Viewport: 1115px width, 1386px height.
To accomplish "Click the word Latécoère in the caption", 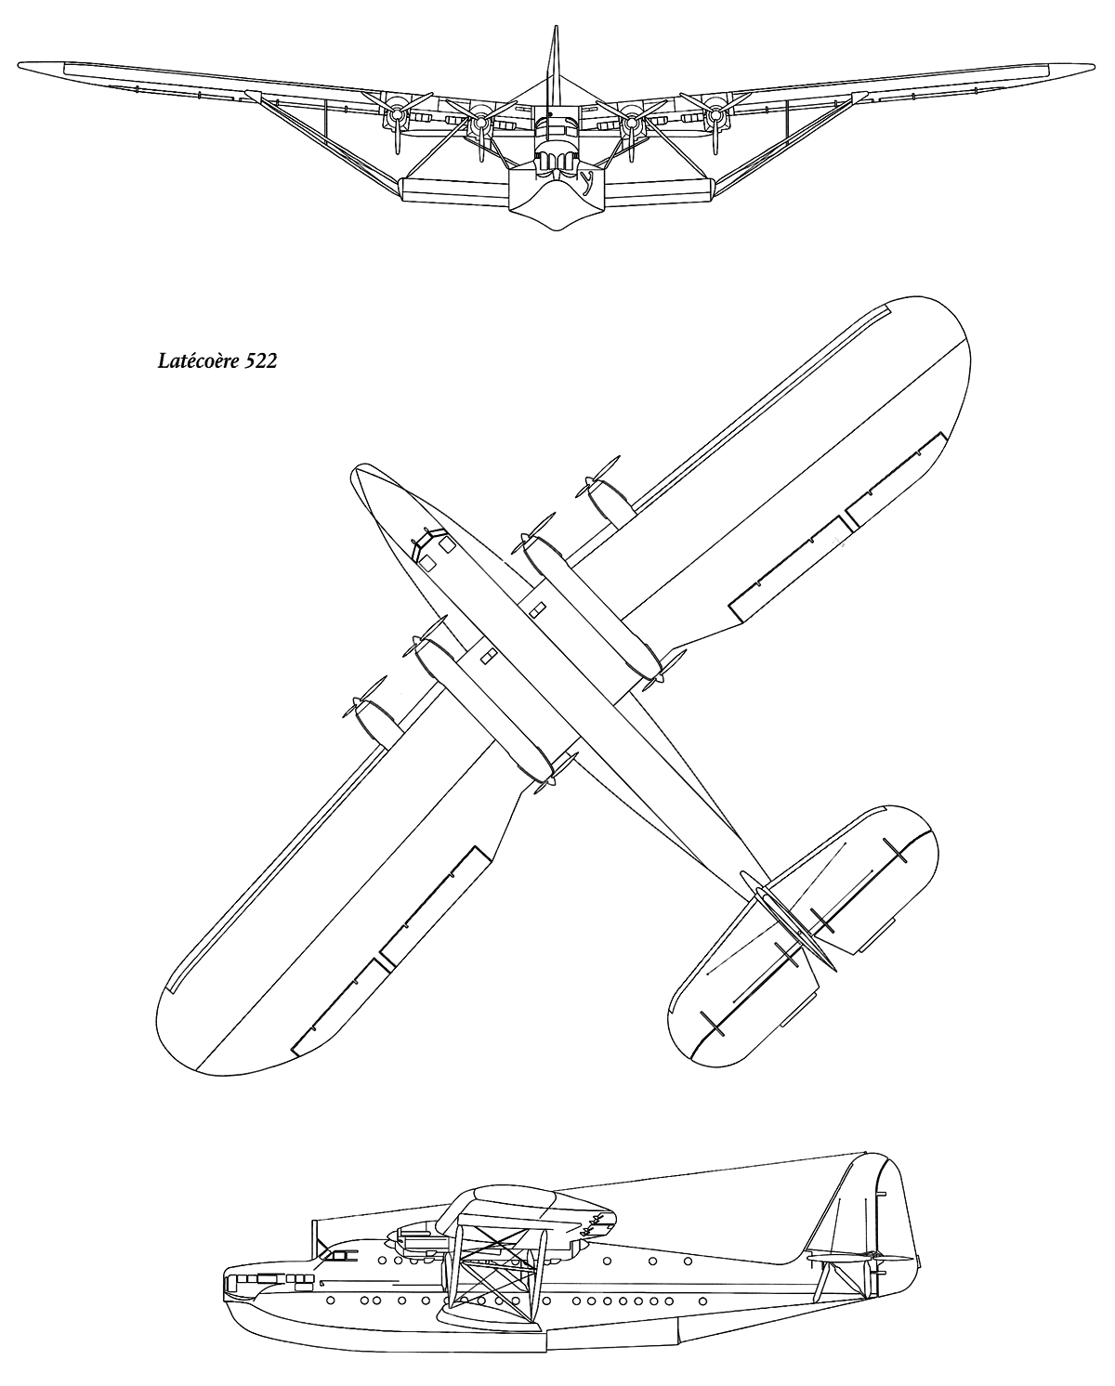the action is pyautogui.click(x=199, y=361).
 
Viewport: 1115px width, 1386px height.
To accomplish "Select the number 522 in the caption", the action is pyautogui.click(x=261, y=361).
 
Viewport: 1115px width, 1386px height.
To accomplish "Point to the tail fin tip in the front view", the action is pyautogui.click(x=555, y=28).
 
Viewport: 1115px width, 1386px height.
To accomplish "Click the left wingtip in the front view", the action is pyautogui.click(x=20, y=64).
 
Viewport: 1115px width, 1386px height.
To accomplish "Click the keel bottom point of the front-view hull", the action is pyautogui.click(x=557, y=229).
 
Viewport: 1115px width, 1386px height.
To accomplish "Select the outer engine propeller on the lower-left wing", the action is pyautogui.click(x=365, y=698).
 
